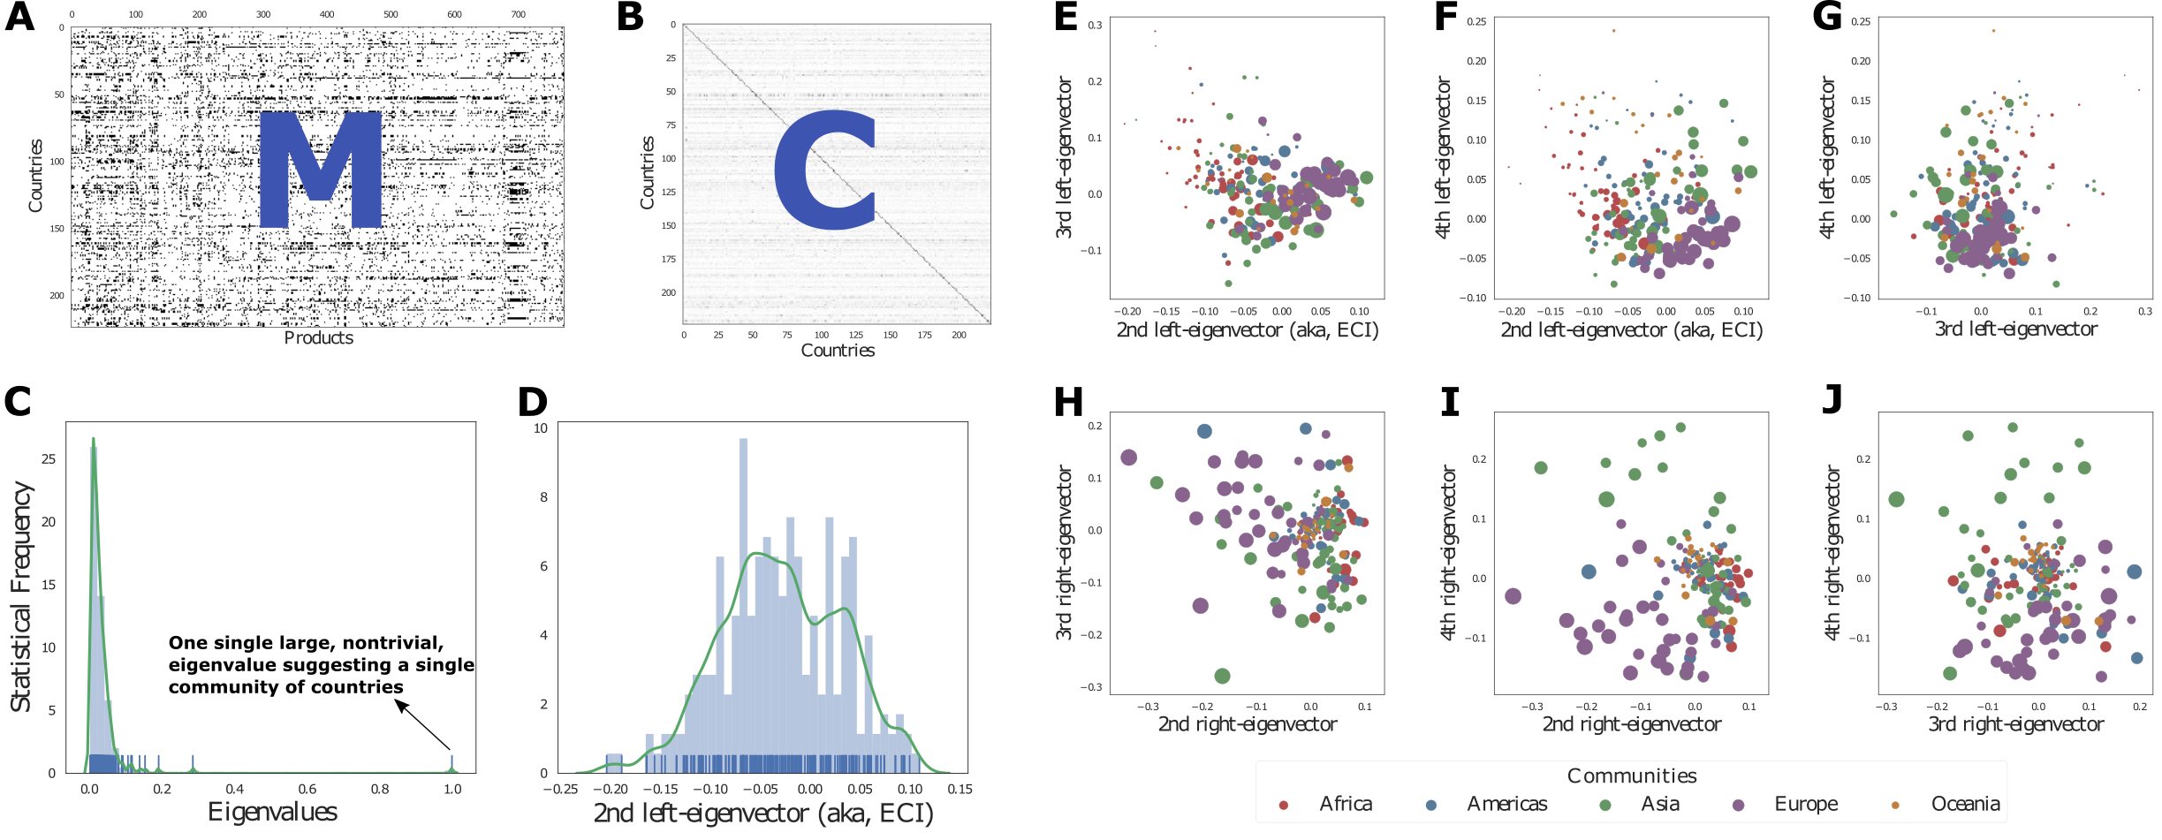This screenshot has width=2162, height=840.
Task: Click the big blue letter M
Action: [320, 170]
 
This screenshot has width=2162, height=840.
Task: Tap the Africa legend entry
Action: [1329, 804]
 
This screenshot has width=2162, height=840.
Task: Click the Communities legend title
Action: [1631, 776]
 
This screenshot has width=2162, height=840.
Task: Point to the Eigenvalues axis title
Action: [272, 812]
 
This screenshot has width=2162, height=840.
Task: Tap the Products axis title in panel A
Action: [318, 338]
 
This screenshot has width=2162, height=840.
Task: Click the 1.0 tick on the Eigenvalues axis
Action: [452, 789]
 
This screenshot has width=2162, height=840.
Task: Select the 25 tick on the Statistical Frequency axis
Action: [49, 458]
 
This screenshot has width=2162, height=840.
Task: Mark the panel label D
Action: [533, 402]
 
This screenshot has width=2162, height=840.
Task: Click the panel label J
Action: [1832, 399]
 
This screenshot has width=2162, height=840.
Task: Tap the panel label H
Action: [1068, 403]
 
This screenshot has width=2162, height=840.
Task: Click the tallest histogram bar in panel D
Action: [743, 605]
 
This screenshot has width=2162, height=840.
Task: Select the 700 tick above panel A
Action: [518, 14]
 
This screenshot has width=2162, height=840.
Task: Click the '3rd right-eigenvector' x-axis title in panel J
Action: [2014, 724]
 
